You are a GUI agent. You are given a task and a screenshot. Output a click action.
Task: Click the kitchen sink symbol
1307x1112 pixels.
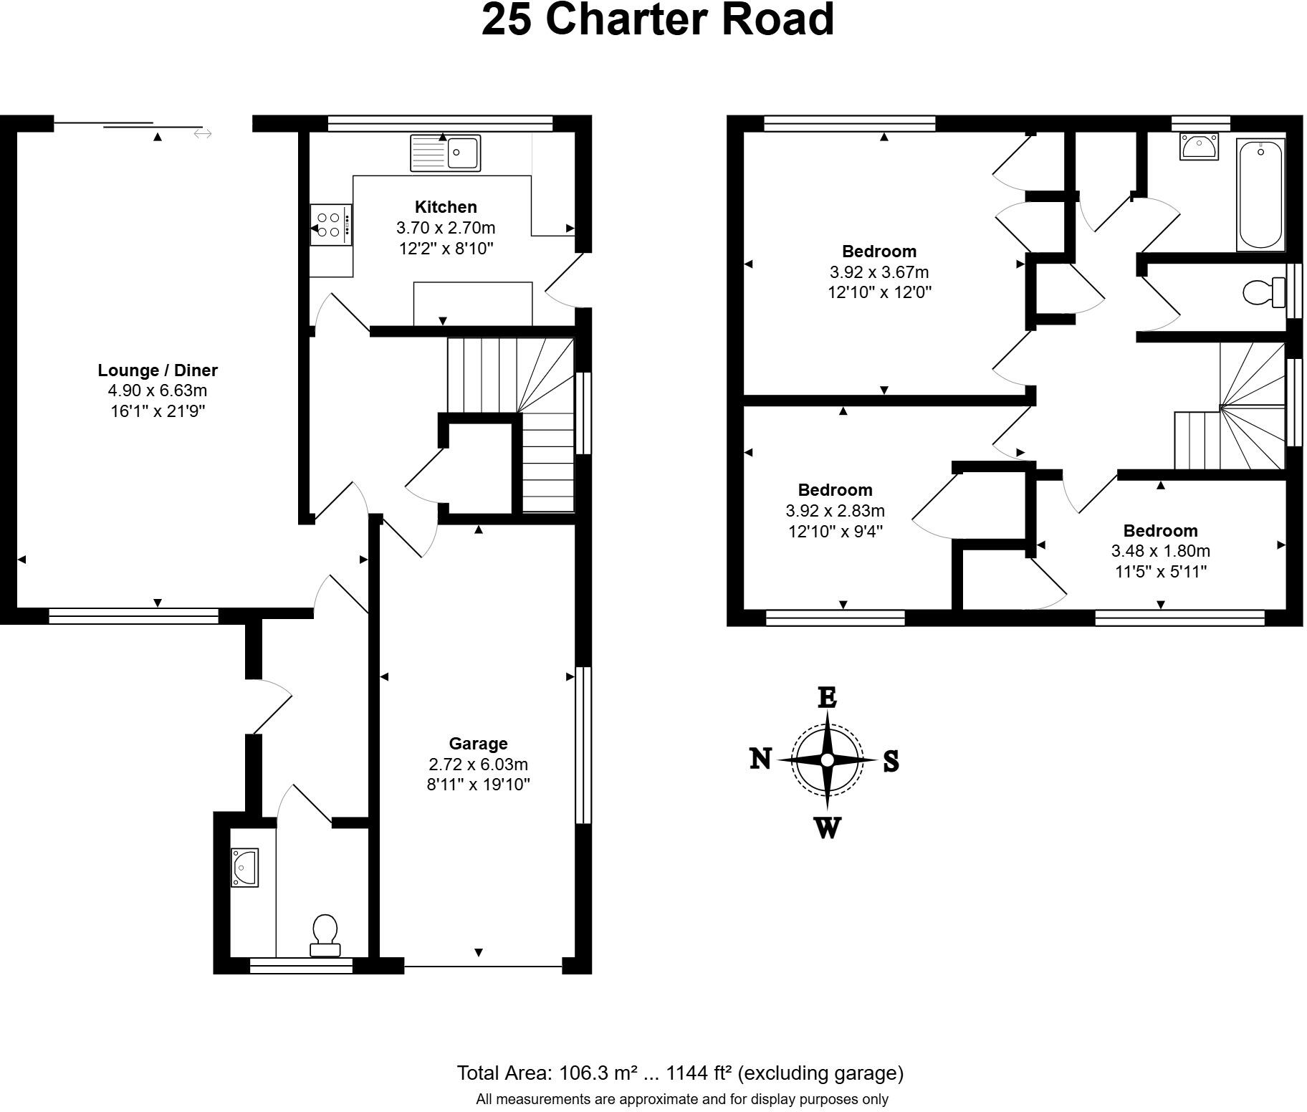click(445, 153)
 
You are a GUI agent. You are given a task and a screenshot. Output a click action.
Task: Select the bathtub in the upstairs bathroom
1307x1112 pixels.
click(1260, 195)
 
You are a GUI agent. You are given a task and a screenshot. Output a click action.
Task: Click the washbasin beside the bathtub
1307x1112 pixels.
click(1198, 147)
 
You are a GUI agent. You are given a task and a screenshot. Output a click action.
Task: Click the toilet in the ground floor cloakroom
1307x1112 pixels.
click(325, 935)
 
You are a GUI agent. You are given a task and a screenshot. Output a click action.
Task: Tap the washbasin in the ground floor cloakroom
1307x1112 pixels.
click(244, 867)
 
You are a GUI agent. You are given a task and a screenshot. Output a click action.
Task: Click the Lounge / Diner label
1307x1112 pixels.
click(158, 370)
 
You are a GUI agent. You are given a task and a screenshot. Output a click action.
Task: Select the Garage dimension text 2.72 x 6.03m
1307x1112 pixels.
click(478, 764)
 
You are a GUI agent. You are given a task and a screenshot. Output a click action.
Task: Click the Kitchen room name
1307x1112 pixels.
click(446, 207)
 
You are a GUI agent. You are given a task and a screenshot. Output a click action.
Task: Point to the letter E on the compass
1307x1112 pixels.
click(827, 697)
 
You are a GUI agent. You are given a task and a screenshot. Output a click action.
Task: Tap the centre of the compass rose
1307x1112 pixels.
click(827, 759)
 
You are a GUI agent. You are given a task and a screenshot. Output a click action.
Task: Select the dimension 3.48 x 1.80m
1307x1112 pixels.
click(1160, 551)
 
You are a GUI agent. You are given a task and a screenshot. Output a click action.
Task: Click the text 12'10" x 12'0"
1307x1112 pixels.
click(879, 292)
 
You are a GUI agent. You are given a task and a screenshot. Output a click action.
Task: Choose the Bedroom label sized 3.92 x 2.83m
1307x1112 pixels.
click(835, 490)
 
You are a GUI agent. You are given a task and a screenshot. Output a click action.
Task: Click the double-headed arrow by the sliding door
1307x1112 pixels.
click(203, 133)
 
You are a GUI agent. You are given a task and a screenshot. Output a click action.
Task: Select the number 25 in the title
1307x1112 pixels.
click(507, 19)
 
